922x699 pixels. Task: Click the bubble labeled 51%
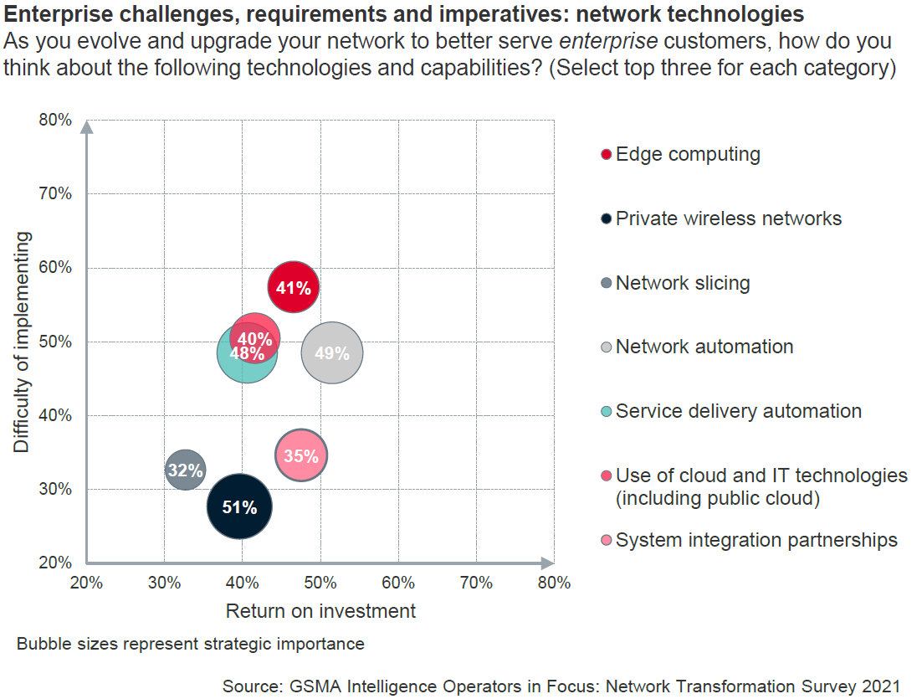tap(240, 506)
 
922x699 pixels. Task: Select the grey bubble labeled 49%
tap(331, 353)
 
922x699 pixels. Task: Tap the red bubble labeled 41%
tap(294, 288)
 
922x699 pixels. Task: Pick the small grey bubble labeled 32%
tap(185, 470)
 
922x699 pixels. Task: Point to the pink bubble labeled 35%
tap(301, 456)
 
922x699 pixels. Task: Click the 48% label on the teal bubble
tap(247, 353)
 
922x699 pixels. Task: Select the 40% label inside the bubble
tap(254, 339)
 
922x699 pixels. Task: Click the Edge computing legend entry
tap(688, 154)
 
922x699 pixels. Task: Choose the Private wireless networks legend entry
tap(728, 218)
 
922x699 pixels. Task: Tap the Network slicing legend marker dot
tap(607, 284)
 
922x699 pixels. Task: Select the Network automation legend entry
tap(704, 347)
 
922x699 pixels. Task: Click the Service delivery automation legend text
tap(738, 411)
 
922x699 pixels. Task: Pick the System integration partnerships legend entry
tap(756, 540)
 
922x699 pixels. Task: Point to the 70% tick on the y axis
tap(56, 194)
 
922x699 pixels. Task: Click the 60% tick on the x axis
tap(398, 583)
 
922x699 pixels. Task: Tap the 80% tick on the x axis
tap(554, 583)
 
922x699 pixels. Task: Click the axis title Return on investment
tap(320, 611)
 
